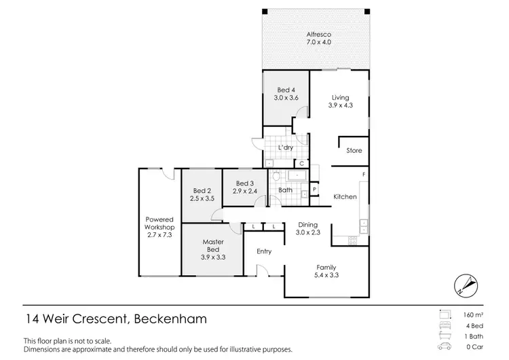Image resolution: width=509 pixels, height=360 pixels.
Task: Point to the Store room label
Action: (x=354, y=151)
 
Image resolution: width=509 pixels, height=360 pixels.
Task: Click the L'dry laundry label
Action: (x=285, y=147)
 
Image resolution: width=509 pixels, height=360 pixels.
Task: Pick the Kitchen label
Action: (x=345, y=197)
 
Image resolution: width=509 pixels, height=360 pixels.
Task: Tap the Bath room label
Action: (x=286, y=190)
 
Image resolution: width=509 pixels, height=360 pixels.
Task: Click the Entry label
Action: (x=264, y=251)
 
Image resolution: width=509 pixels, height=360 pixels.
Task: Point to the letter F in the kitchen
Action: (x=363, y=175)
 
